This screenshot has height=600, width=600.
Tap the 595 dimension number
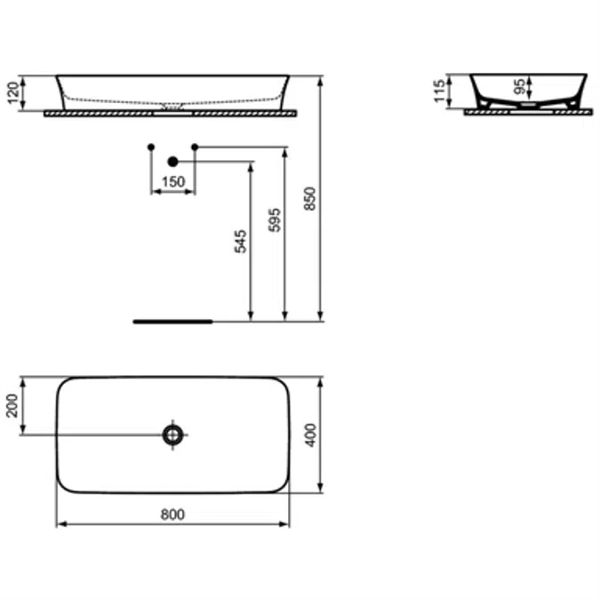(274, 220)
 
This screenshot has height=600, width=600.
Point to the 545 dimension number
(240, 241)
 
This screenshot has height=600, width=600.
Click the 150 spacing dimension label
(172, 182)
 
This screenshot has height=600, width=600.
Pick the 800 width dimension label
(172, 514)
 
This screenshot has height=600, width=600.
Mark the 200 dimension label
(12, 405)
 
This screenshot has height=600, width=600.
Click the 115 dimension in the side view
(439, 92)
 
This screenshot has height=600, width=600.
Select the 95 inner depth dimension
(518, 86)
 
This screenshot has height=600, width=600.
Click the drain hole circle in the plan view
(172, 434)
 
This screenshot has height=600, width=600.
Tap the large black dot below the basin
(172, 161)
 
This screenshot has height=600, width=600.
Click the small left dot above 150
(151, 146)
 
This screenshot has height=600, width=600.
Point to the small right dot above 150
(195, 146)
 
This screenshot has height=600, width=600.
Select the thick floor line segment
(172, 321)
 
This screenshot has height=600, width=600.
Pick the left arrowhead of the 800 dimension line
(60, 524)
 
